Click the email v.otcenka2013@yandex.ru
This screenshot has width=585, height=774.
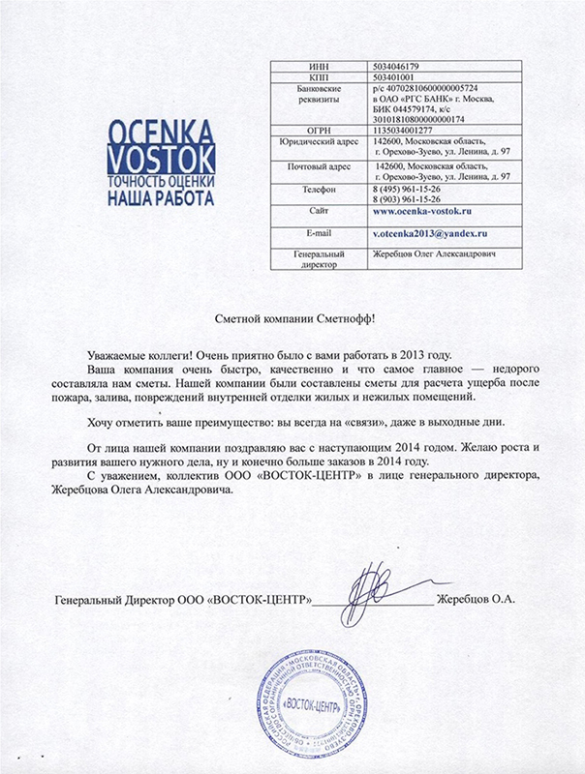[428, 234]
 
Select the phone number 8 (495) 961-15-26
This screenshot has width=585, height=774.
[411, 189]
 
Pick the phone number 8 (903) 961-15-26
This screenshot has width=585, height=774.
[411, 199]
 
